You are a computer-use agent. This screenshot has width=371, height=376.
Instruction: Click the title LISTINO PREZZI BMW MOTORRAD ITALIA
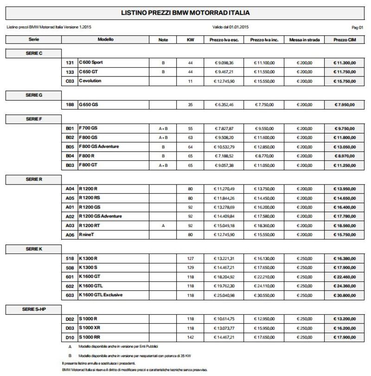coord(185,13)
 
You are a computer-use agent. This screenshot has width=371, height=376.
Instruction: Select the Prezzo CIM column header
coord(345,40)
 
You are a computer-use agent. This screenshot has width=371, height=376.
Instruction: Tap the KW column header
coord(190,40)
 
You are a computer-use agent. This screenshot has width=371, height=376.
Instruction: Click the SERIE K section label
coord(34,249)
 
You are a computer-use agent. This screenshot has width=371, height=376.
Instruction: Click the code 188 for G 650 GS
coord(71,105)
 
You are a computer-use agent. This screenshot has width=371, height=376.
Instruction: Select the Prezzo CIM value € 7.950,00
coord(345,105)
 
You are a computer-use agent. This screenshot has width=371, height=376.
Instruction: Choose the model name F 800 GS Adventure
coord(105,147)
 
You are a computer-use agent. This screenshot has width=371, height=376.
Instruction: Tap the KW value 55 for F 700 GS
coord(190,128)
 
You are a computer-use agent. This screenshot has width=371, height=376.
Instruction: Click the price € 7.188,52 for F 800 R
coord(224,156)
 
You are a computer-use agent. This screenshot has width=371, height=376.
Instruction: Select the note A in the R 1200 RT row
coord(163,226)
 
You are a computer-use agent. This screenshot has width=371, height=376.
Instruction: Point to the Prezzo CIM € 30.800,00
coord(345,295)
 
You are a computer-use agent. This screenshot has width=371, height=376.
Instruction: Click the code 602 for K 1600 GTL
coord(71,286)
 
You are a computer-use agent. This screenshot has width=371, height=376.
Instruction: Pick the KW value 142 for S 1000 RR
coord(190,337)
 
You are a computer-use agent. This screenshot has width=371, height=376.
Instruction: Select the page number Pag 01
coord(358,28)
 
